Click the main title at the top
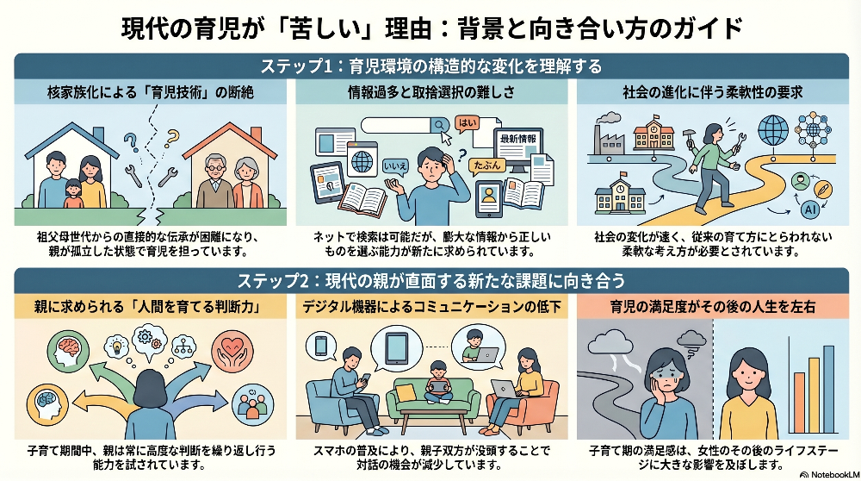(430, 27)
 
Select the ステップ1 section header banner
(430, 66)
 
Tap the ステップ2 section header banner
(430, 280)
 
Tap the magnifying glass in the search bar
(441, 125)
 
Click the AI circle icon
(809, 209)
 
